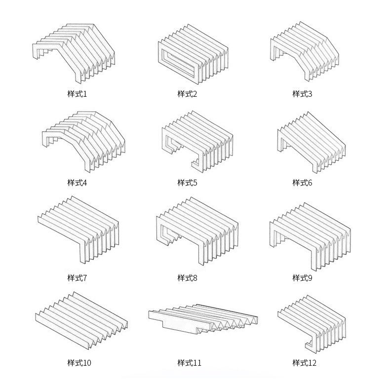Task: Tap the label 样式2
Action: click(x=187, y=94)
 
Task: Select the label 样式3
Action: click(x=302, y=94)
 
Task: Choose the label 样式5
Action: click(x=187, y=183)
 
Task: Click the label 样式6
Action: click(x=302, y=183)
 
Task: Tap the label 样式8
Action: click(x=187, y=278)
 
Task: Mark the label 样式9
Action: click(x=302, y=278)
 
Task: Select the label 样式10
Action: click(x=79, y=363)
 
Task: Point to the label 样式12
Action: click(x=304, y=363)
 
